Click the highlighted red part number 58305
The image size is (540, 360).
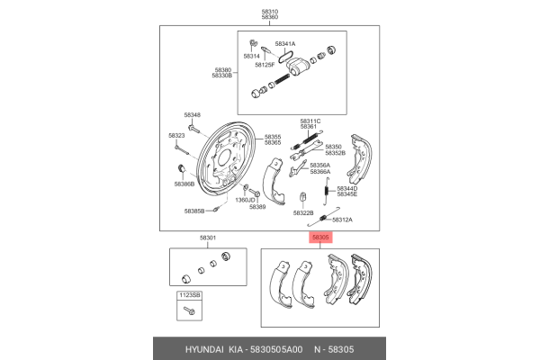click(321, 238)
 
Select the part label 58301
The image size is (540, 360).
click(208, 238)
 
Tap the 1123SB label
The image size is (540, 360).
click(189, 295)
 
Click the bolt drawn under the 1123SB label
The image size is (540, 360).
click(189, 310)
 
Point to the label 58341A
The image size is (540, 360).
click(285, 43)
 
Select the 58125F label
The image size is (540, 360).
click(264, 65)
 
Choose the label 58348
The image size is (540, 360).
click(193, 114)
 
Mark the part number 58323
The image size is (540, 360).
click(177, 135)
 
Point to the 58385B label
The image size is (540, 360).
click(195, 211)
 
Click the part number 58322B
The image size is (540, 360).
click(303, 212)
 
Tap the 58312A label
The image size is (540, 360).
click(342, 220)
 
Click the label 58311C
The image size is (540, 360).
click(310, 121)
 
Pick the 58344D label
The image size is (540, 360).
click(346, 187)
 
